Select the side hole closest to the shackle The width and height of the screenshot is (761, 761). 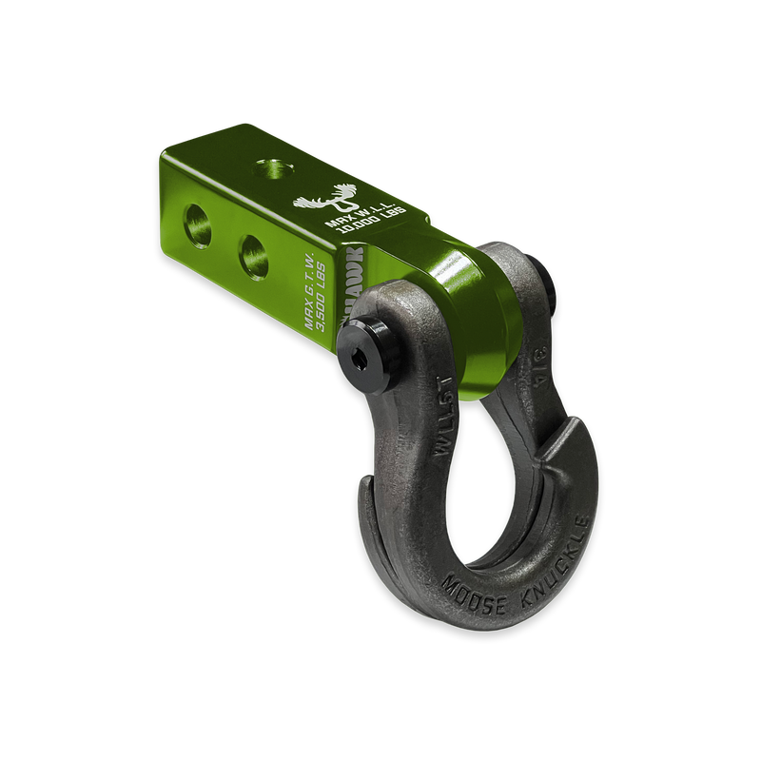coord(255,253)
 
